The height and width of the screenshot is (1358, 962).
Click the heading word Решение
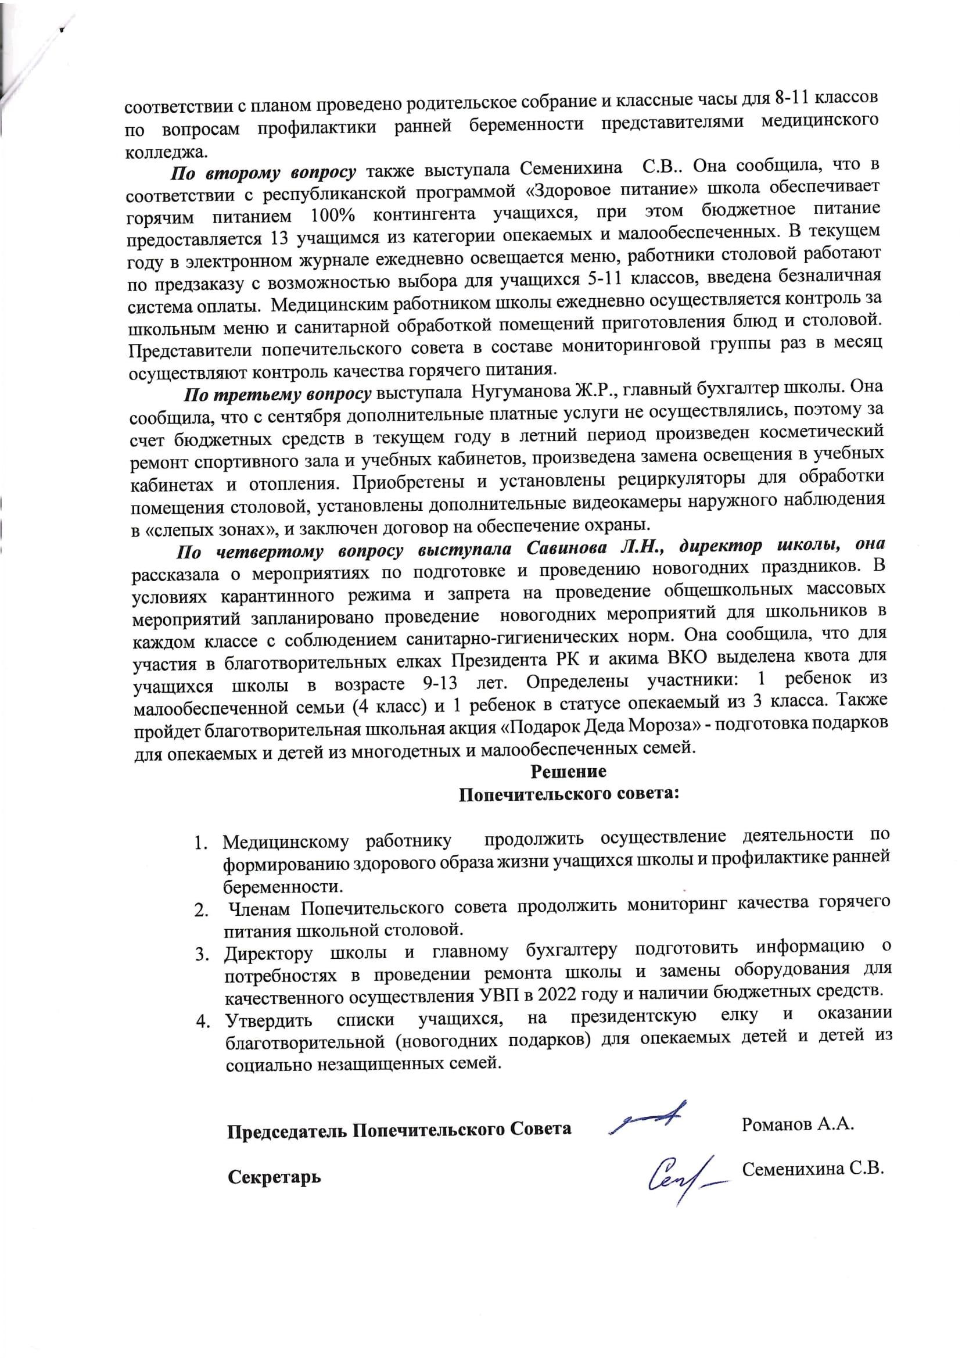[568, 772]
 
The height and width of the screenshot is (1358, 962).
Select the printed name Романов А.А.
[797, 1124]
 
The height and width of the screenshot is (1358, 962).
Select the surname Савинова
[567, 547]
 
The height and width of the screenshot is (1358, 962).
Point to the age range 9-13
[440, 685]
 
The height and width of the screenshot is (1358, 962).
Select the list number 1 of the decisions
[200, 843]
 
